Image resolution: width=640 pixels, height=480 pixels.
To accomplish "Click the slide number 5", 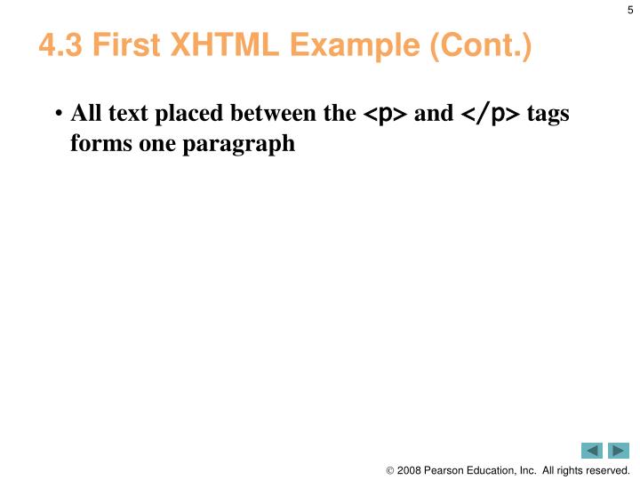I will (x=630, y=10).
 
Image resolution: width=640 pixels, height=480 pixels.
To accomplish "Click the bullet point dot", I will (x=59, y=116).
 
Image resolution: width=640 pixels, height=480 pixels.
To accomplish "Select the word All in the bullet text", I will (x=85, y=114).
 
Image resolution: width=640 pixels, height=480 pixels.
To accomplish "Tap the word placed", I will (x=188, y=114).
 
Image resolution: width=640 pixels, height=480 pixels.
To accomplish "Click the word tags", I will (x=548, y=115).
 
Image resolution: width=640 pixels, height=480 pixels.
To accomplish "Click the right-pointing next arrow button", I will (x=619, y=451).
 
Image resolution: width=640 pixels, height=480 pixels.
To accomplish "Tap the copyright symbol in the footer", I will (x=390, y=470).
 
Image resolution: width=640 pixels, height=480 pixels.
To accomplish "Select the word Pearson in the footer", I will (x=449, y=470).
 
